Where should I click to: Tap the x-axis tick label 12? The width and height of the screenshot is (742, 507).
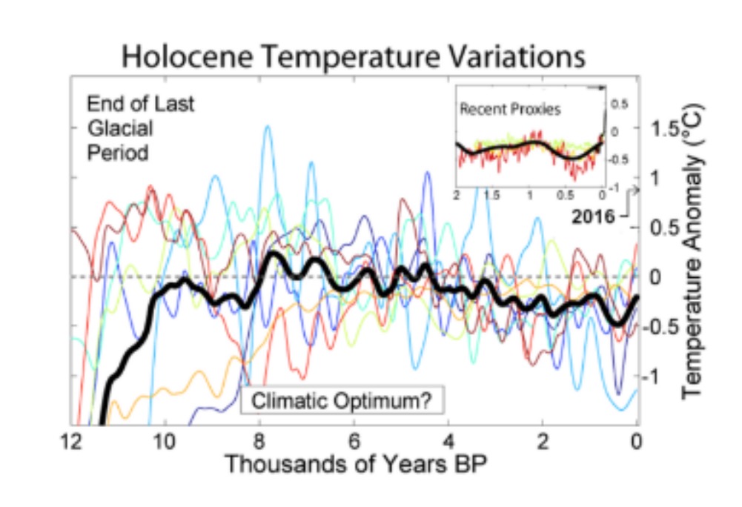(71, 438)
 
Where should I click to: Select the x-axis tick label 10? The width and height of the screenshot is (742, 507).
(165, 438)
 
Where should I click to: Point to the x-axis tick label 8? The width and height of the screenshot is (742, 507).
(259, 438)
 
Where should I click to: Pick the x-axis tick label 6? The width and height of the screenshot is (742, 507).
(354, 438)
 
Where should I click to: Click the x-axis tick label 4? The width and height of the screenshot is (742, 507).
(448, 438)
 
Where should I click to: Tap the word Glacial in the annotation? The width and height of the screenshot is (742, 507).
(120, 128)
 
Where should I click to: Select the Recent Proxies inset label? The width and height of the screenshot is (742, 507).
(510, 109)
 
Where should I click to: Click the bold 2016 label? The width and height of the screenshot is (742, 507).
(593, 217)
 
